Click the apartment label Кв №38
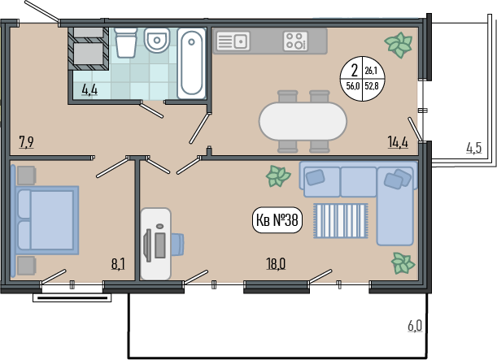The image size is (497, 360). [277, 220]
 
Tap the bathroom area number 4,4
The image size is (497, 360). [89, 90]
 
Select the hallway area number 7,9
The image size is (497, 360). [27, 142]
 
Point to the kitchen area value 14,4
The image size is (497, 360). [398, 142]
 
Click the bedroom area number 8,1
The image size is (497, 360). [118, 264]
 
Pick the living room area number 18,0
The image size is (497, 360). [276, 264]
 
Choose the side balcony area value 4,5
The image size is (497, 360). [474, 148]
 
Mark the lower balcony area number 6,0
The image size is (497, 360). [415, 326]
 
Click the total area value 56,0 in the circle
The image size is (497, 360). [352, 85]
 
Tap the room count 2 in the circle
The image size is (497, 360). [355, 70]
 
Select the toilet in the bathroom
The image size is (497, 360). [126, 42]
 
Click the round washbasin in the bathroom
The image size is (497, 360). [156, 40]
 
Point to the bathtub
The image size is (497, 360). [191, 63]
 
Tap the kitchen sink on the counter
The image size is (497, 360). [233, 41]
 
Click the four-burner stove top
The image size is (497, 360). [295, 41]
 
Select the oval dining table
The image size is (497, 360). [303, 121]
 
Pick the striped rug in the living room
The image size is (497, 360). [341, 221]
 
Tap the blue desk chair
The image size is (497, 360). [178, 244]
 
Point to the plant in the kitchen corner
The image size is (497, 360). [398, 45]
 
